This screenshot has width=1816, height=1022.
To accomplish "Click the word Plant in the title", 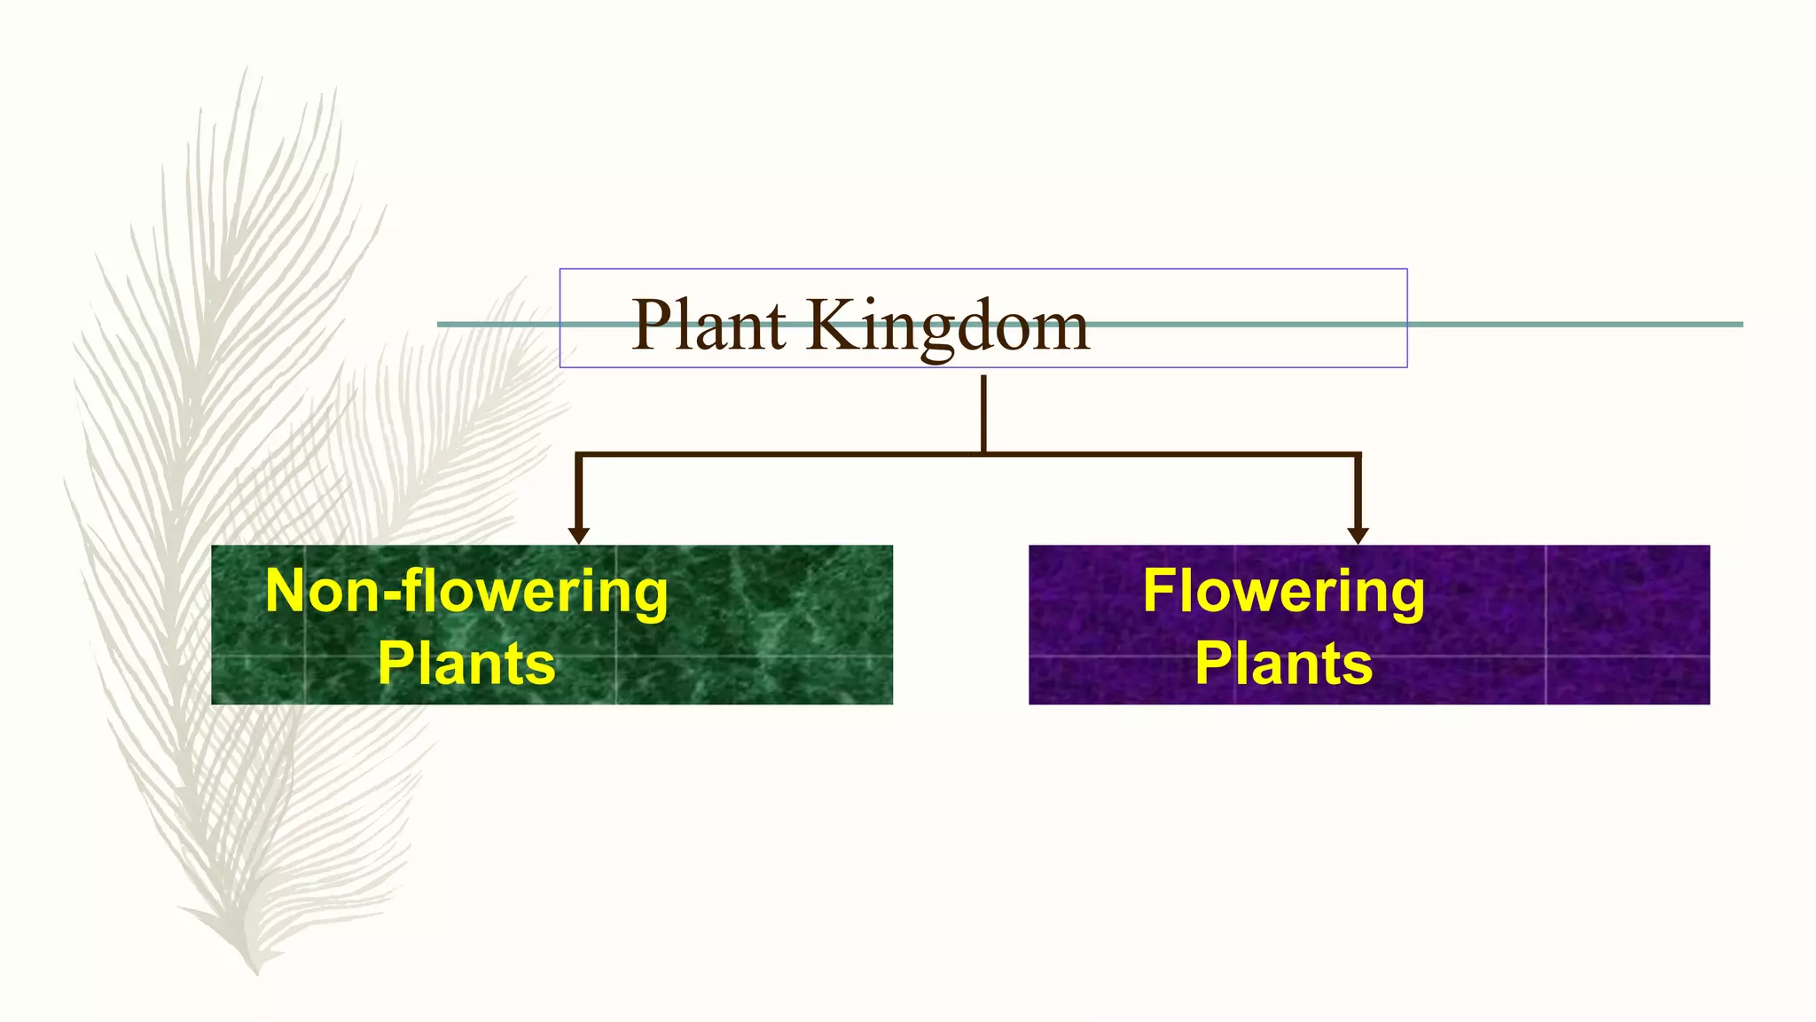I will [708, 325].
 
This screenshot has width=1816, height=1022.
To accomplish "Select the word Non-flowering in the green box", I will [466, 592].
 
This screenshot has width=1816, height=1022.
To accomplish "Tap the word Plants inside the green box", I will [466, 663].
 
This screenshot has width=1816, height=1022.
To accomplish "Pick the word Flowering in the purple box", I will [1283, 592].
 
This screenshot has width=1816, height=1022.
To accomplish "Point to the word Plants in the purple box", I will [1283, 663].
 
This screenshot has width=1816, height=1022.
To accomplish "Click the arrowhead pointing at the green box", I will [579, 535].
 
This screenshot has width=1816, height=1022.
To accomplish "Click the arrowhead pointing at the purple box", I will [1358, 535].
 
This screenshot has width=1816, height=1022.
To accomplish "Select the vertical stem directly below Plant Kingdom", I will [983, 413].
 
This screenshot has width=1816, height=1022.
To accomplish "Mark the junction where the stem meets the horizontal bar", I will [983, 454].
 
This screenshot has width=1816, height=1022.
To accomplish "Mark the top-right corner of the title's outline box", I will [1406, 269].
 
